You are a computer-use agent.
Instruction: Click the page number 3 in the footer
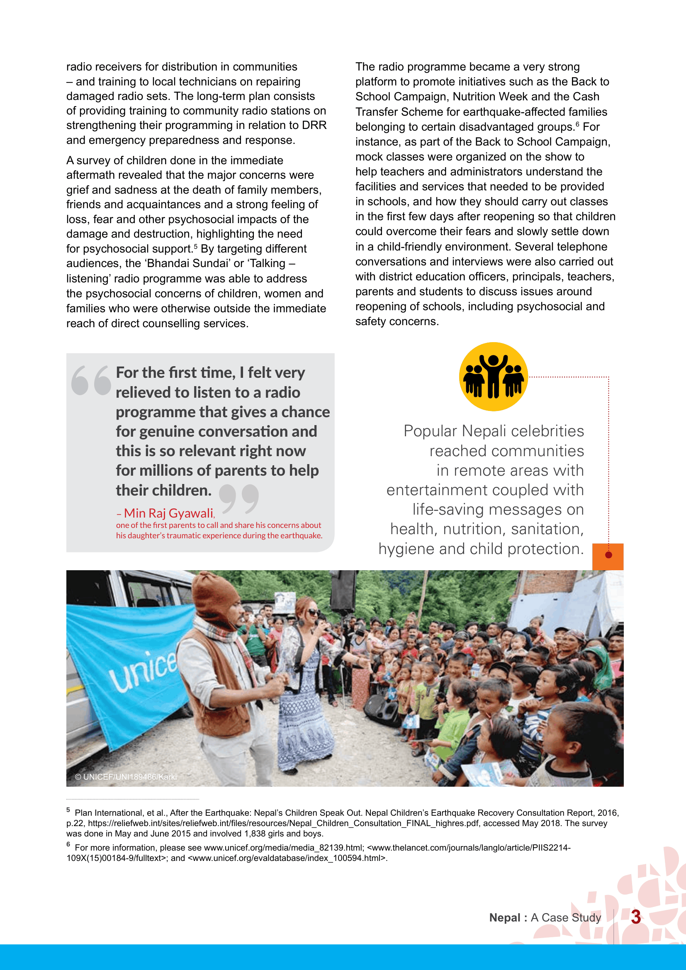click(636, 917)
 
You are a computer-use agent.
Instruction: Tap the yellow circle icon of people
click(494, 377)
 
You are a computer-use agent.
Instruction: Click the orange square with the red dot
click(608, 556)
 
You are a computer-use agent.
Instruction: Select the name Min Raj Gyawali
click(168, 513)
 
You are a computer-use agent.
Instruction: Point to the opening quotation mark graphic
click(91, 380)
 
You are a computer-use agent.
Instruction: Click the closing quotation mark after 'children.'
click(239, 498)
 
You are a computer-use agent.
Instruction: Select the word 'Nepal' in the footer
click(504, 918)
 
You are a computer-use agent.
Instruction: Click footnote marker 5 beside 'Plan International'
click(68, 810)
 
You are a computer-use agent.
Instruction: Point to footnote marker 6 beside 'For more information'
click(68, 844)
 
